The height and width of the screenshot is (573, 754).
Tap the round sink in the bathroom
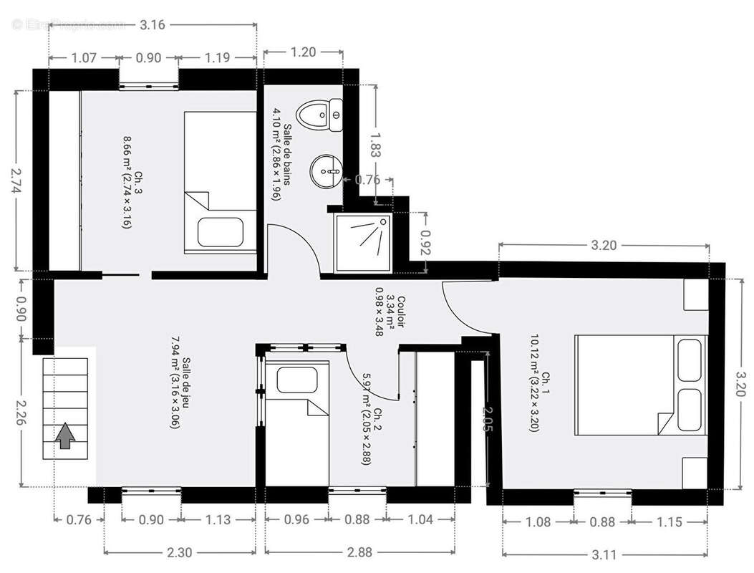327,171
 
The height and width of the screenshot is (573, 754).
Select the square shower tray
363,243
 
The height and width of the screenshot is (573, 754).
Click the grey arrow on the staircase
65,435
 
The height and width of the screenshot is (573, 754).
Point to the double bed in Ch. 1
641,385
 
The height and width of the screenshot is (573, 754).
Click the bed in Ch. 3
220,182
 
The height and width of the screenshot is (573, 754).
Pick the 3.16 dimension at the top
152,25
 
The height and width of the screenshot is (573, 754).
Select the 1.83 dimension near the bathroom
374,143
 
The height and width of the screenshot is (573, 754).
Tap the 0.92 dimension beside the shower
426,243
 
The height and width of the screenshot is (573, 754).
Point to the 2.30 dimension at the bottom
179,553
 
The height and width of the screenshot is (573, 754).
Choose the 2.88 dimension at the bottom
359,553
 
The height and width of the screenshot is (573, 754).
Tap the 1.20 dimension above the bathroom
303,52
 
